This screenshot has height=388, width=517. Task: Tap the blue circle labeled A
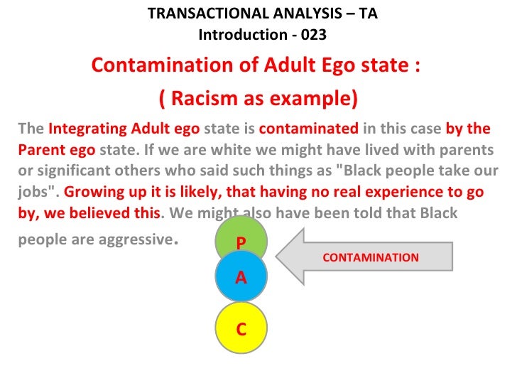pos(241,276)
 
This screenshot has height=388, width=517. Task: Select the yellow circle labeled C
pos(241,328)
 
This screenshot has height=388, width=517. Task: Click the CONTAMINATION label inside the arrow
pos(371,257)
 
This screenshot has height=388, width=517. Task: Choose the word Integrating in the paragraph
pos(88,129)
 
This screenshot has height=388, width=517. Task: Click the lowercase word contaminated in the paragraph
pos(309,129)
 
